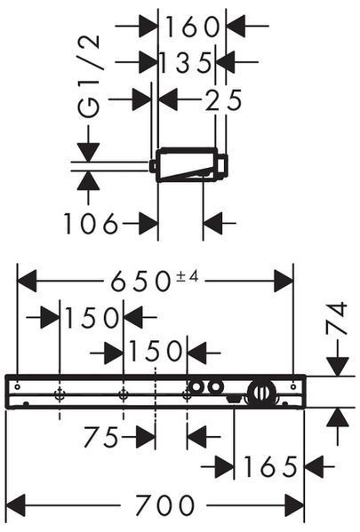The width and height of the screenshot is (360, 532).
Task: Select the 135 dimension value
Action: point(185,63)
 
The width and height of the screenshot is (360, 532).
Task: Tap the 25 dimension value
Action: point(223,100)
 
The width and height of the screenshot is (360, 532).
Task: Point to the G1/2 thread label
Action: point(89,76)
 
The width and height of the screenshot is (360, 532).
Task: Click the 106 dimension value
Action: point(91,224)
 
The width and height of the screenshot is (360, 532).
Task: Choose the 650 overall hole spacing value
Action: point(140,282)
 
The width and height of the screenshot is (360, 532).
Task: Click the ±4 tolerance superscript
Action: point(187,277)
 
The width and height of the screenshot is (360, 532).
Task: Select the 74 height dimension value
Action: point(337,319)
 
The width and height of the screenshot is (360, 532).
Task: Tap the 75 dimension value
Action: point(101,437)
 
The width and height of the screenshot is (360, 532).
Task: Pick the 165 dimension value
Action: point(270,467)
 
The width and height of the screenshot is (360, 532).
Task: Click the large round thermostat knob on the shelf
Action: point(260,393)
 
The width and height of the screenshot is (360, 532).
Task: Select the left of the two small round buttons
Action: point(196,386)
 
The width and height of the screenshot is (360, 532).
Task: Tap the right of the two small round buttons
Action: point(216,386)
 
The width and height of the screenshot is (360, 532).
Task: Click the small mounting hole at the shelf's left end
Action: point(18,386)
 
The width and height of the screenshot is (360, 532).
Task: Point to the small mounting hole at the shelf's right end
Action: point(293,386)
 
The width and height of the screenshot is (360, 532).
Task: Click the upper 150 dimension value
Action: point(91,318)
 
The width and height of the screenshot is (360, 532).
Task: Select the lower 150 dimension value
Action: point(156,352)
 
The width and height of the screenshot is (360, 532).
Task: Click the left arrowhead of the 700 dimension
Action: point(16,505)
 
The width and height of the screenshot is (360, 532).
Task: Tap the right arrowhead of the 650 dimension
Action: point(284,281)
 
